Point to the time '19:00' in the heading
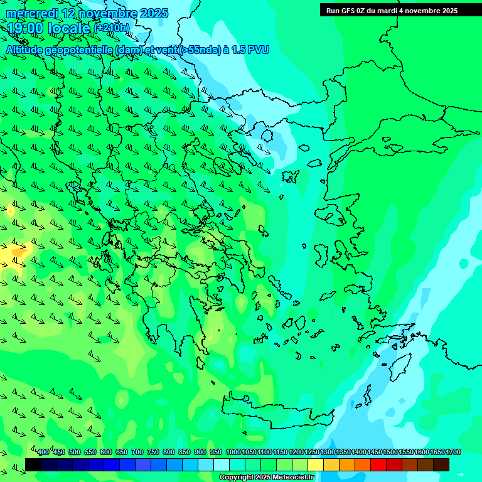[x=24, y=28]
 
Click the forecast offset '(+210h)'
[x=112, y=28]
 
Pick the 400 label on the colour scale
[x=43, y=453]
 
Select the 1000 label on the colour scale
[x=233, y=453]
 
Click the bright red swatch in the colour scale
[x=378, y=464]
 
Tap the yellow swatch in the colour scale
[x=316, y=464]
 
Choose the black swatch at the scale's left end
[x=33, y=464]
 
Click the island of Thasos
[x=267, y=136]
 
